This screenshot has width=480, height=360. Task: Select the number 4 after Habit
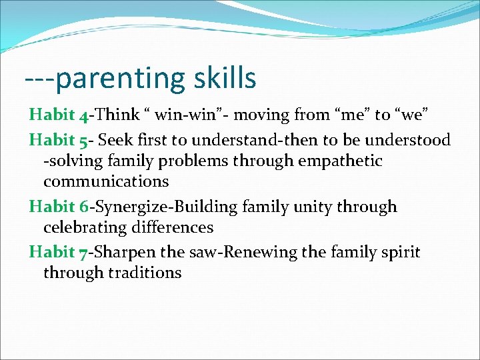(x=83, y=116)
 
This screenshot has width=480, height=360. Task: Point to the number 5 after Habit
(x=83, y=141)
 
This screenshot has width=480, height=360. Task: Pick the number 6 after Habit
(x=83, y=207)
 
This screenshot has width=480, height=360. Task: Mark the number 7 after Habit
(x=83, y=253)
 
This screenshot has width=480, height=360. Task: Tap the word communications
(x=106, y=181)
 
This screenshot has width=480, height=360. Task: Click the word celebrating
(x=85, y=227)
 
